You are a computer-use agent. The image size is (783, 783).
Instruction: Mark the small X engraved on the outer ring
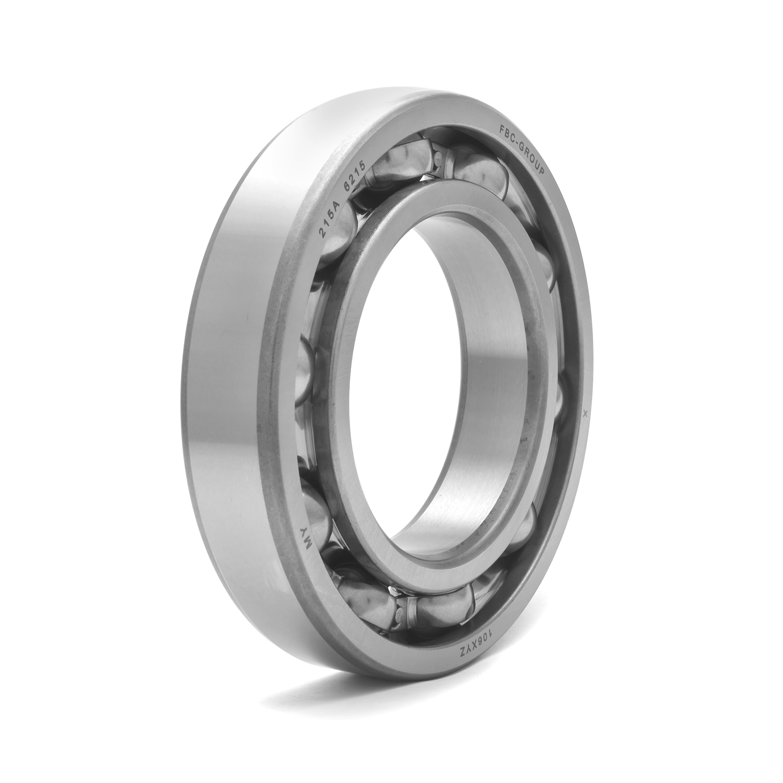(584, 413)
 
